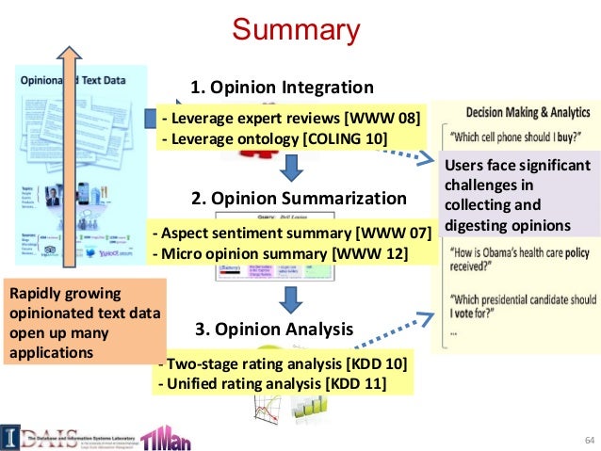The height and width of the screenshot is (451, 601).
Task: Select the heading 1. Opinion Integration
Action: (x=283, y=88)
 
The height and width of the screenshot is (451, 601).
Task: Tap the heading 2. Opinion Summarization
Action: (x=299, y=199)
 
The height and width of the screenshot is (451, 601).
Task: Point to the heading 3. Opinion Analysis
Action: (x=274, y=330)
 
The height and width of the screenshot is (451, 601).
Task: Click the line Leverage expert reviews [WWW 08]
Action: (x=291, y=118)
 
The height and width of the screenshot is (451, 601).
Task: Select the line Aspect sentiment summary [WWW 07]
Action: (x=292, y=233)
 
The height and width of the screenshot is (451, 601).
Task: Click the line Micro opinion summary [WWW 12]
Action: (x=280, y=252)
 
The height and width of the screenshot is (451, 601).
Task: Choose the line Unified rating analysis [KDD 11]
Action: (x=274, y=383)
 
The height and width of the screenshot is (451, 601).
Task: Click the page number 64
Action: (x=591, y=440)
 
